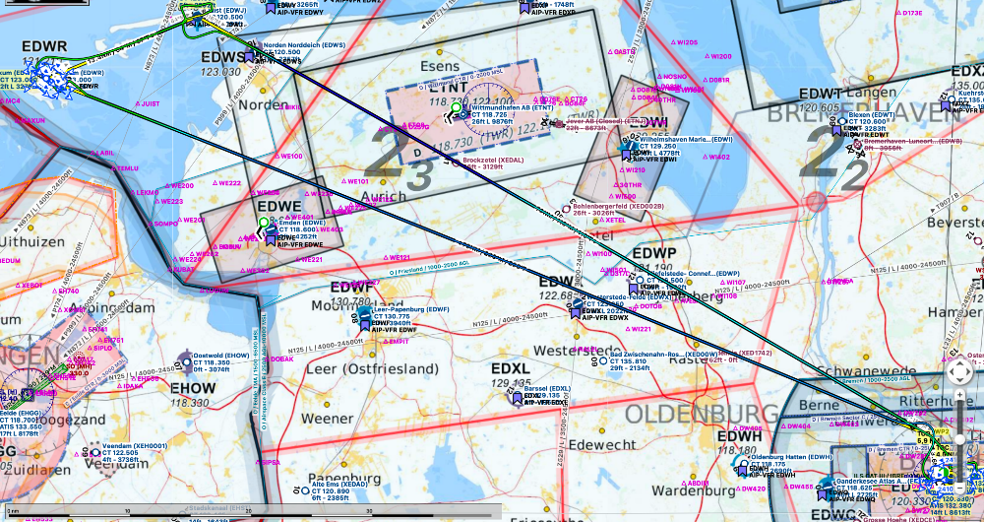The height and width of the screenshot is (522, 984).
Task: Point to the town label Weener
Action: tap(327, 418)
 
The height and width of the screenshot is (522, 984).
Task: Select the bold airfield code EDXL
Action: tap(511, 368)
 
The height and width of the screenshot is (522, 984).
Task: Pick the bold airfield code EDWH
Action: tap(739, 436)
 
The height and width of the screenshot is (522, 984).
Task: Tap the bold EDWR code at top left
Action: tap(43, 46)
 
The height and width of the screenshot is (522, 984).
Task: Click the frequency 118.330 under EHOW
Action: tap(189, 402)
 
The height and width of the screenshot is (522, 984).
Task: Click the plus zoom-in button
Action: tap(960, 406)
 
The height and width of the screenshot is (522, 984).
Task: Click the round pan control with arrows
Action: tap(959, 371)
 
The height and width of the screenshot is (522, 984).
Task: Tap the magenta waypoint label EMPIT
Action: tap(398, 342)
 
